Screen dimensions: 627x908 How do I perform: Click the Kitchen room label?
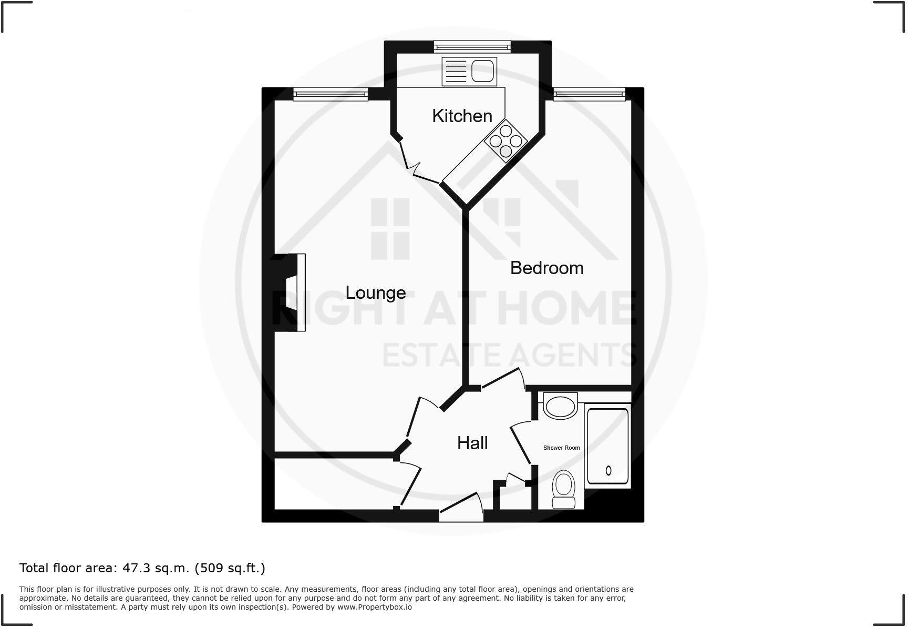point(462,116)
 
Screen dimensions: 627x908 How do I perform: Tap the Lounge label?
point(375,292)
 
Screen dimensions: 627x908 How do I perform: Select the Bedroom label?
point(546,268)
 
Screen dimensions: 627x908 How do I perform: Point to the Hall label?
point(472,443)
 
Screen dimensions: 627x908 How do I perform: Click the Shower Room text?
point(561,448)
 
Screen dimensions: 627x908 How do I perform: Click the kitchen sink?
point(469,71)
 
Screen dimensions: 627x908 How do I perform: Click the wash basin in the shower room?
point(560,406)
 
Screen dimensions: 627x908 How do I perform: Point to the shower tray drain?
point(608,470)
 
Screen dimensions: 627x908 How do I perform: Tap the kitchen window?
point(472,47)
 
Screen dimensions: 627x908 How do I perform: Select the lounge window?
point(330,95)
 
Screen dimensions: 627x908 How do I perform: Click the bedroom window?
point(589,94)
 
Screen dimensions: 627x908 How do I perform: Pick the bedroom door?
point(503,379)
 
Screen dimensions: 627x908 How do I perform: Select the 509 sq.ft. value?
point(230,568)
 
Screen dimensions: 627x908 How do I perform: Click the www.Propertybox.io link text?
point(375,607)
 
